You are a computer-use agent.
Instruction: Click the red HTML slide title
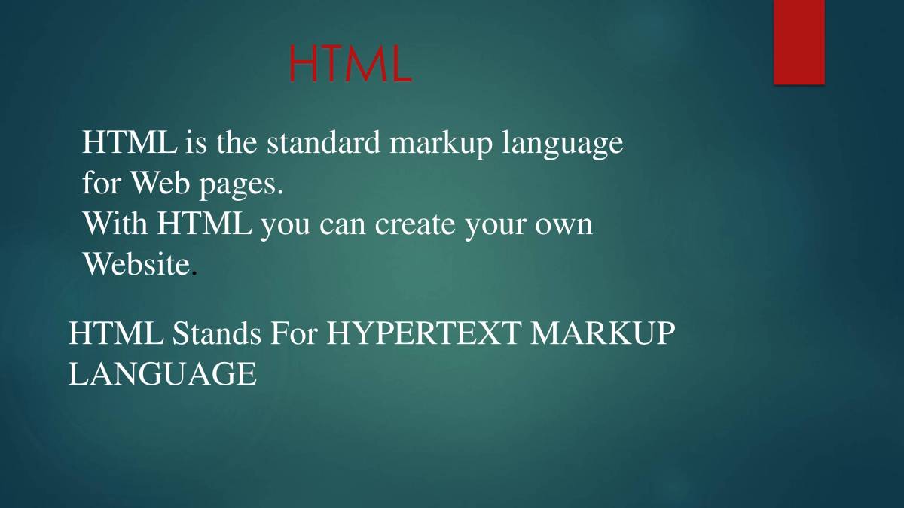(x=350, y=65)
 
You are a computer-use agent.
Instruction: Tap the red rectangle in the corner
(x=799, y=42)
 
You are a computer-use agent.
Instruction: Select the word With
(x=115, y=224)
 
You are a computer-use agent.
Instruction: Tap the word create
(x=412, y=224)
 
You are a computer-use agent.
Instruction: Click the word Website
(x=136, y=263)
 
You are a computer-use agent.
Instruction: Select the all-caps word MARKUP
(x=600, y=333)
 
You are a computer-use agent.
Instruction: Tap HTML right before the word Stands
(x=117, y=333)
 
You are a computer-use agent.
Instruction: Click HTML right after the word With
(x=205, y=224)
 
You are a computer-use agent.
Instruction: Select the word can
(x=343, y=225)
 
